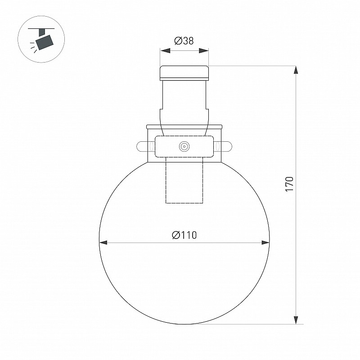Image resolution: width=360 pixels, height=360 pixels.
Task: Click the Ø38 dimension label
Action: click(184, 41)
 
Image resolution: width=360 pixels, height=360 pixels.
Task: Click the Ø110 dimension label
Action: click(184, 235)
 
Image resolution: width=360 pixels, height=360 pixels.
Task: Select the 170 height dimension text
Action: click(289, 184)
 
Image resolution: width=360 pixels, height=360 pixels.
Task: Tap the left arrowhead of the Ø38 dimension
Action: click(165, 50)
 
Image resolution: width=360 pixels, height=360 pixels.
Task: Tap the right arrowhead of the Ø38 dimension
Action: click(204, 50)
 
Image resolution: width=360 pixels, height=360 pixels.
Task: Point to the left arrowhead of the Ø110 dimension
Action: click(103, 243)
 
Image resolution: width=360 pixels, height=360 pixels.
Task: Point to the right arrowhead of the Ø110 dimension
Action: click(265, 243)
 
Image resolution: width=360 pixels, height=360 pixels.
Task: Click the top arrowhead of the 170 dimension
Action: click(296, 70)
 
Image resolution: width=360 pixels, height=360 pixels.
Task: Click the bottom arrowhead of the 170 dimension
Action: click(296, 320)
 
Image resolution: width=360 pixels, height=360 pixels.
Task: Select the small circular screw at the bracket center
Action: click(184, 146)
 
